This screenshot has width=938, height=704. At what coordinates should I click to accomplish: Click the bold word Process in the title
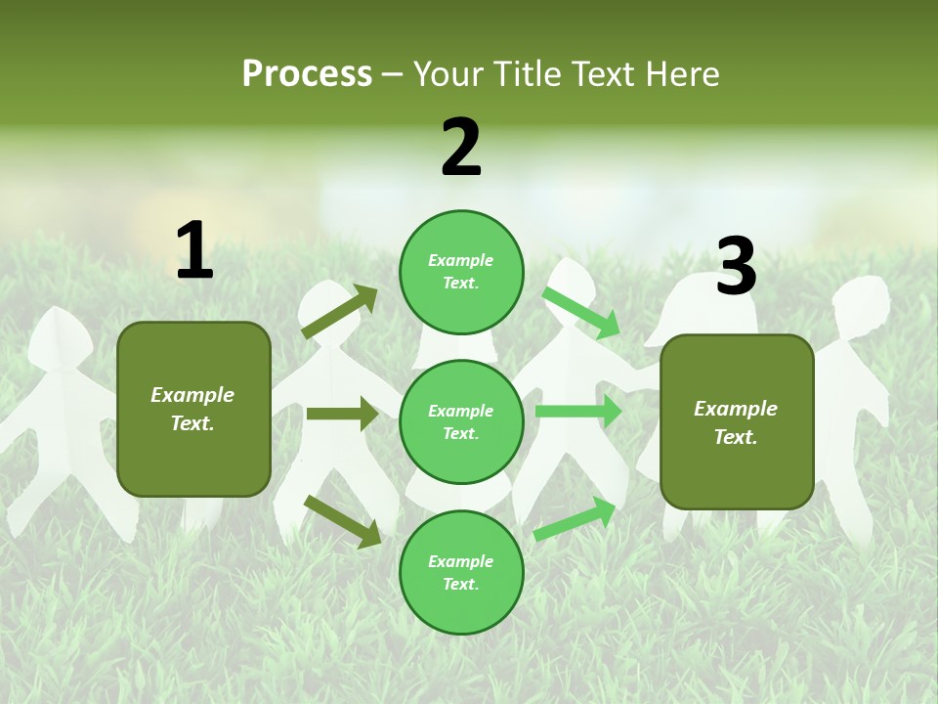click(x=307, y=74)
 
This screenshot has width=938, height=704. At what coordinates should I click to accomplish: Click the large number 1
click(x=194, y=250)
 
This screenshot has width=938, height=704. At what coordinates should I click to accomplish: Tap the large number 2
click(x=461, y=148)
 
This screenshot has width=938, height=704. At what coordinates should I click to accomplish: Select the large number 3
click(x=736, y=266)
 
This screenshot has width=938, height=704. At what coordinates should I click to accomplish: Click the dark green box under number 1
click(x=193, y=409)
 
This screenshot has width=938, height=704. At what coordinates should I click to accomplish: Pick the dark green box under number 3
click(x=737, y=421)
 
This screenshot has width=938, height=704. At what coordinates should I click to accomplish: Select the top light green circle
click(x=461, y=272)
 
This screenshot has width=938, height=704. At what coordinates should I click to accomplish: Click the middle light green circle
click(x=461, y=421)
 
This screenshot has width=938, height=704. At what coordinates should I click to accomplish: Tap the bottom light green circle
click(x=461, y=572)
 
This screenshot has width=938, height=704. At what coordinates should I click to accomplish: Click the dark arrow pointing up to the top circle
click(x=339, y=312)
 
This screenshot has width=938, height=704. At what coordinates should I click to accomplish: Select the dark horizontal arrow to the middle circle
click(x=342, y=414)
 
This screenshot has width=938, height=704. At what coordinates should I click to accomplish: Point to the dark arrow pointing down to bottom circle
click(x=342, y=521)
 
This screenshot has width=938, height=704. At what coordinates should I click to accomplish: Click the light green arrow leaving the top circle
click(x=581, y=312)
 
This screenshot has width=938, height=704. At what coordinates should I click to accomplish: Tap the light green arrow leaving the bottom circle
click(x=575, y=519)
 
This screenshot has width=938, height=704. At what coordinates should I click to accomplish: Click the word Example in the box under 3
click(x=736, y=409)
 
